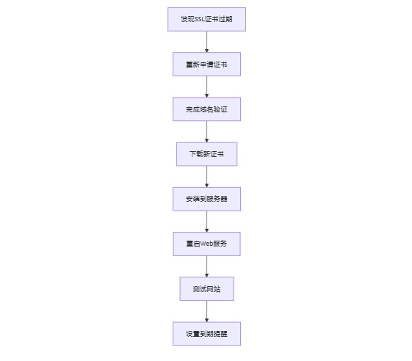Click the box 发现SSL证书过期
(x=206, y=19)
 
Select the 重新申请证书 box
(x=206, y=64)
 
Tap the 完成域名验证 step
(x=206, y=109)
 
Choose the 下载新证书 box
(x=206, y=154)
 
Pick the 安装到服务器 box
(x=206, y=199)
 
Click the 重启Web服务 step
(x=206, y=244)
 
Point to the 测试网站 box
(x=206, y=288)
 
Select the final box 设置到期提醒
(x=206, y=334)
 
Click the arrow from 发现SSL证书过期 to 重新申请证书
(x=206, y=42)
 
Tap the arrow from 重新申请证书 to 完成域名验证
(x=206, y=87)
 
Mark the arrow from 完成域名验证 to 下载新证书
(x=206, y=131)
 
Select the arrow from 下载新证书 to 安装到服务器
(x=206, y=176)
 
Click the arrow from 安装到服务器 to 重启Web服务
(x=206, y=221)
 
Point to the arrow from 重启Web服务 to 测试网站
(x=206, y=266)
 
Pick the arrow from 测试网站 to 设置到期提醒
(x=206, y=311)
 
